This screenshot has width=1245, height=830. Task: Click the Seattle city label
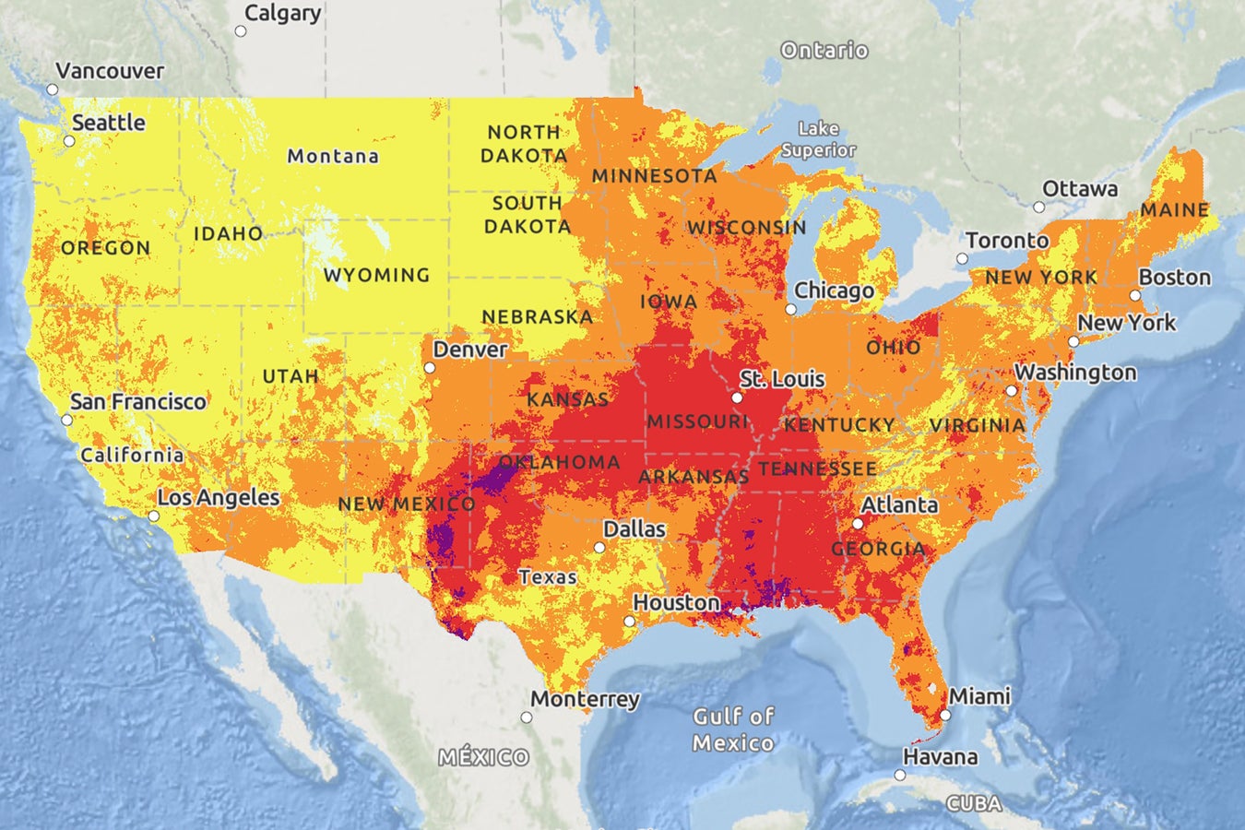109,123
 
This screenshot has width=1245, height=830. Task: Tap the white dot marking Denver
430,368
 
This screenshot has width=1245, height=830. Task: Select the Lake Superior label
818,139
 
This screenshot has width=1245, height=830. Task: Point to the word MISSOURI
697,421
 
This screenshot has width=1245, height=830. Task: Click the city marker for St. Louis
737,398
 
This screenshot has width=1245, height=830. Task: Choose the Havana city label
940,757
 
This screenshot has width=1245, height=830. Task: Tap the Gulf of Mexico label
734,729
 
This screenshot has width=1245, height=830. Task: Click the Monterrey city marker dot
527,717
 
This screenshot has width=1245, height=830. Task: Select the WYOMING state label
376,275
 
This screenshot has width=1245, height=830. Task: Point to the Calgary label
282,13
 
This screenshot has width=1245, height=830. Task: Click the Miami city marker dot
945,716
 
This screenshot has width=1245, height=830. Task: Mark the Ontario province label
824,50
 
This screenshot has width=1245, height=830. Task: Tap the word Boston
1174,277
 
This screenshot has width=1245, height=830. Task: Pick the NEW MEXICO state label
407,504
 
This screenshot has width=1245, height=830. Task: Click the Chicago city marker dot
790,310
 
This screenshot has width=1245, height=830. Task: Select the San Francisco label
138,401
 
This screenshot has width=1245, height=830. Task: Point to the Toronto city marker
962,259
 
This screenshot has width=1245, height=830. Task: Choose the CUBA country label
974,803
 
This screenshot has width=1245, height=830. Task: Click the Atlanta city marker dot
858,524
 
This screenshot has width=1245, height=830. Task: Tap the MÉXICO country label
484,757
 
